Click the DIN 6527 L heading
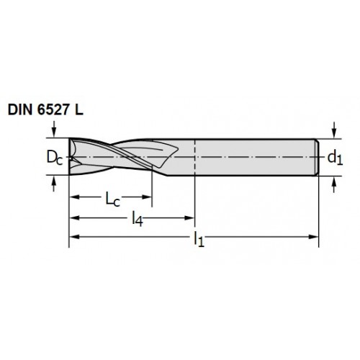(x=45, y=110)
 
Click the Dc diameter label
(x=55, y=158)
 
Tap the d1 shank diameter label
(x=335, y=158)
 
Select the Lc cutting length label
(x=113, y=199)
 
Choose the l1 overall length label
(x=199, y=239)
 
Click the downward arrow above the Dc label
(x=54, y=129)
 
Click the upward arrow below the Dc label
(x=54, y=184)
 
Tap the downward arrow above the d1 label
(x=334, y=130)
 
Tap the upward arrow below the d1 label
(x=334, y=185)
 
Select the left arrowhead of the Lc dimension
(x=74, y=197)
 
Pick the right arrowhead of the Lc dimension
(x=146, y=197)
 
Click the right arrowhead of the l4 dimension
(x=189, y=218)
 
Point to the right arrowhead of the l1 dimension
(x=313, y=237)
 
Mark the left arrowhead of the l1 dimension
(x=74, y=237)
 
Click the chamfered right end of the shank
(x=317, y=158)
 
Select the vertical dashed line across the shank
(x=194, y=157)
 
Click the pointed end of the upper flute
(x=178, y=149)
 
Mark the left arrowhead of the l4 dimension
(x=74, y=218)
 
